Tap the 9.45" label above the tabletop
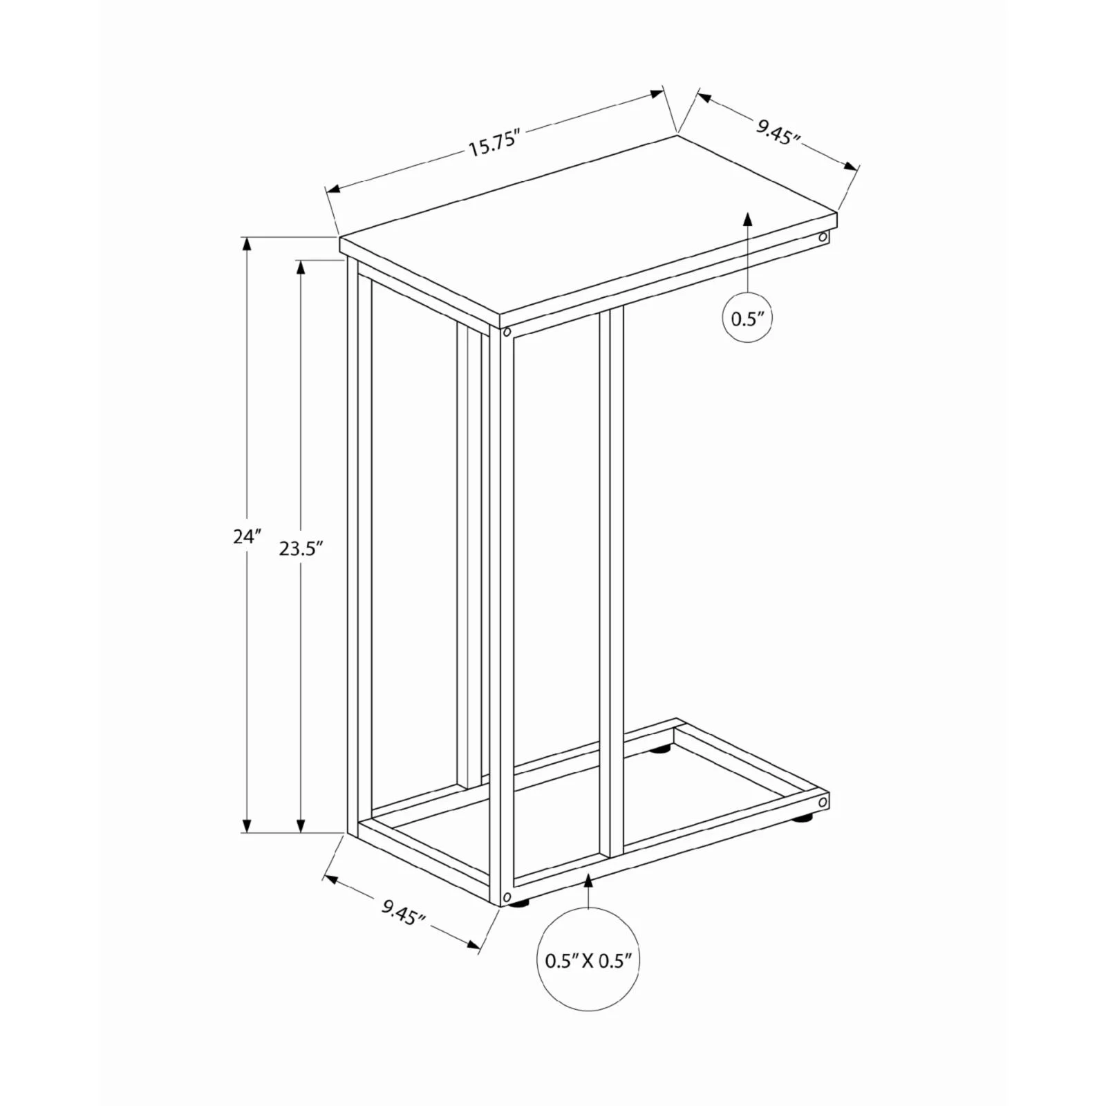pos(777,131)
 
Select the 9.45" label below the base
pos(403,914)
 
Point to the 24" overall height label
pos(247,536)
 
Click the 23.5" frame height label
pos(301,549)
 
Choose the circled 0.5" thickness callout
pos(747,319)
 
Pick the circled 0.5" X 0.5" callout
pos(588,961)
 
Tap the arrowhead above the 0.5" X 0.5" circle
pos(588,880)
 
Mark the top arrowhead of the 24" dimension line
pos(247,243)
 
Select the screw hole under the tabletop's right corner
pos(823,238)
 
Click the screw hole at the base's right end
pos(823,803)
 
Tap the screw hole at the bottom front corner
pos(507,897)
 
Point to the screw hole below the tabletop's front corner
pos(507,332)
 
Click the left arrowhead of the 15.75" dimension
pos(332,189)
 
